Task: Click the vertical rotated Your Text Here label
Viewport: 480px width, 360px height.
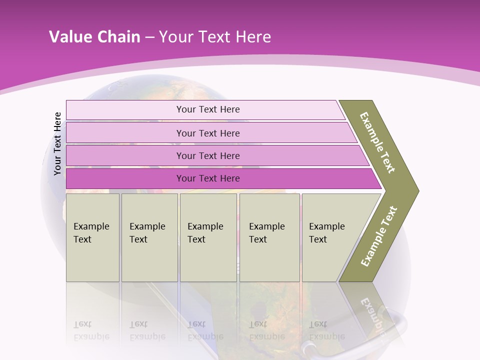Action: coord(57,143)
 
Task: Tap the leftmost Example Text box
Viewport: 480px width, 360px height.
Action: coord(92,237)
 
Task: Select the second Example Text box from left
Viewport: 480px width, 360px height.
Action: coord(149,237)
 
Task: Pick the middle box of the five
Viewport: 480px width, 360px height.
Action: coord(208,237)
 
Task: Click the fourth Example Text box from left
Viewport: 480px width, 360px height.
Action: coord(269,237)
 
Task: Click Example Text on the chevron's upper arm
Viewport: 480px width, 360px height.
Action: coord(377,142)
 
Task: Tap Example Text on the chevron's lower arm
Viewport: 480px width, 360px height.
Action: coord(379,236)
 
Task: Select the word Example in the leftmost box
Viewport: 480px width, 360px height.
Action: coord(91,226)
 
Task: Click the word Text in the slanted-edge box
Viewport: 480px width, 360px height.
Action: coord(318,239)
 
